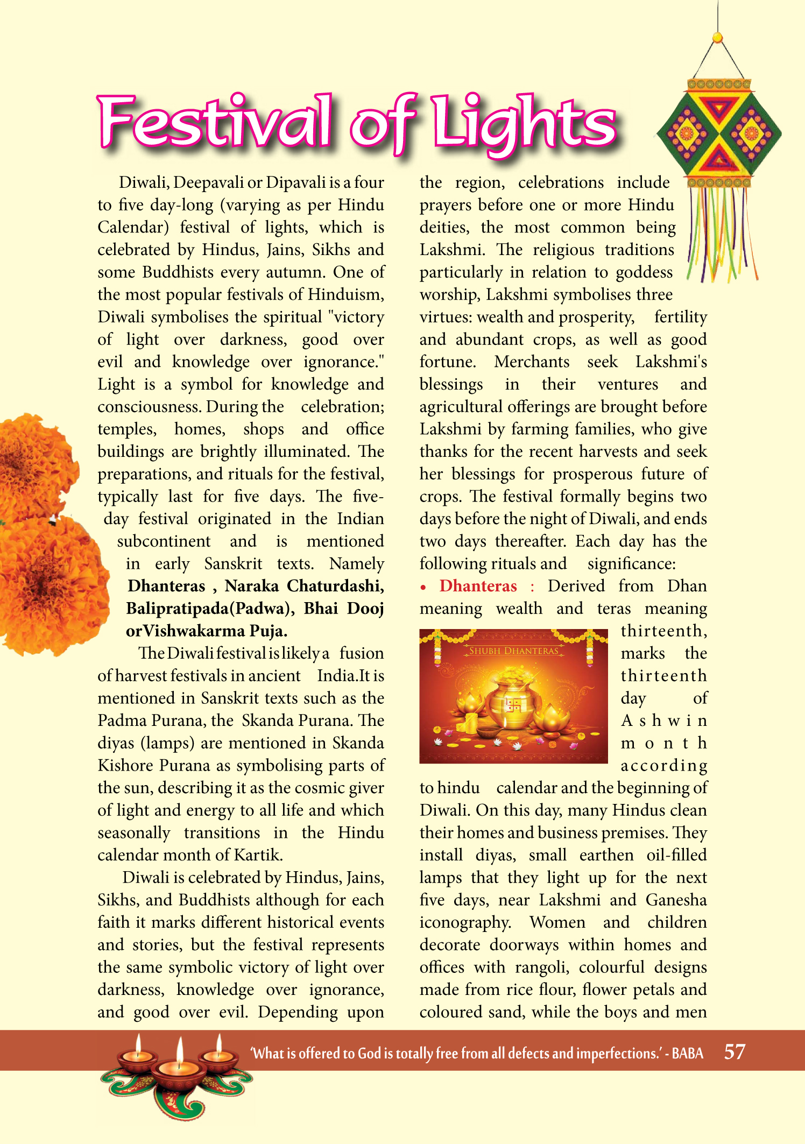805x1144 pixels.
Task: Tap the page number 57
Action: (735, 1051)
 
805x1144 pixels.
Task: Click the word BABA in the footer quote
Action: (687, 1053)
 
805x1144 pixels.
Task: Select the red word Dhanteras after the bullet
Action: (478, 586)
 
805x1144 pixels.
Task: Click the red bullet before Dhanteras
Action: (424, 587)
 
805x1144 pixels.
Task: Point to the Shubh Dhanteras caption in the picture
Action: (513, 651)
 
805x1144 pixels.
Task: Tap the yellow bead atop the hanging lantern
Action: (717, 37)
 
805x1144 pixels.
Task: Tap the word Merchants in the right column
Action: (532, 362)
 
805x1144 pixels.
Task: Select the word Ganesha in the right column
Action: (676, 900)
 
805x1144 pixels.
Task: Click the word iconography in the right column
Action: (465, 923)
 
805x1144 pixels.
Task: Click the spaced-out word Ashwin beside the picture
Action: (663, 721)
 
